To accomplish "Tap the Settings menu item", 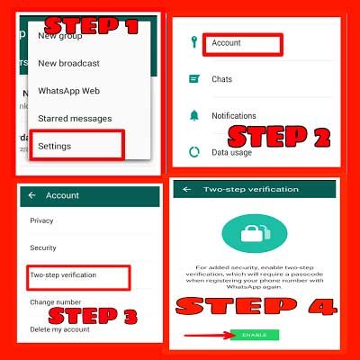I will click(x=55, y=145).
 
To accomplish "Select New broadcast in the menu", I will click(x=68, y=63).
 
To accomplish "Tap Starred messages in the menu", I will click(x=75, y=118).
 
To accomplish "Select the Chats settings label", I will click(x=221, y=79).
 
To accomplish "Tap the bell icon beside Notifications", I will click(x=193, y=116).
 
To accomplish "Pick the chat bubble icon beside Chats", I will click(x=193, y=79).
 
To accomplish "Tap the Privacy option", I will click(x=41, y=220).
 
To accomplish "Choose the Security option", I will click(x=43, y=247).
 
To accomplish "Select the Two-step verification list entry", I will click(x=63, y=274).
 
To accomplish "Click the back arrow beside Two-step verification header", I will click(x=186, y=191).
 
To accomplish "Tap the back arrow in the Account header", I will click(x=32, y=195).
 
